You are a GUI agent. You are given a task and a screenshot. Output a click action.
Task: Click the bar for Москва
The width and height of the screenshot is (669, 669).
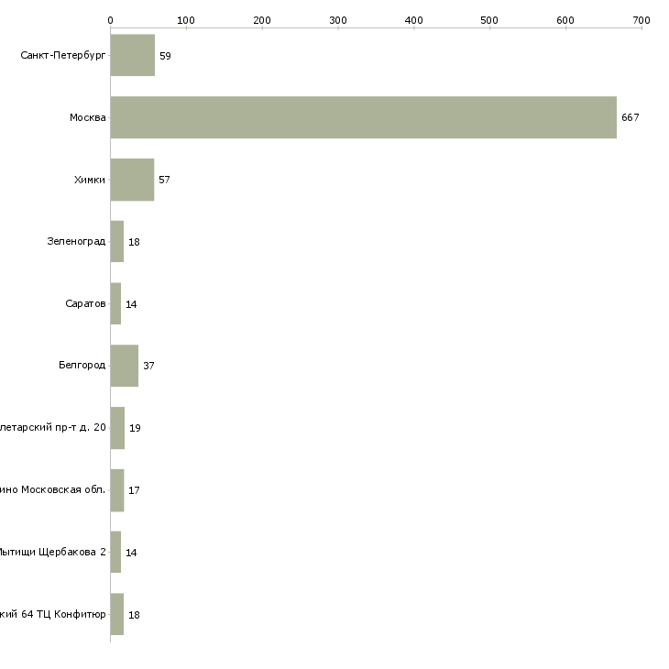pos(363,117)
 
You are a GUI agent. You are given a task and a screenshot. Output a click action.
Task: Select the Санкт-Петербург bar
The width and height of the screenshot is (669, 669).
pos(133,55)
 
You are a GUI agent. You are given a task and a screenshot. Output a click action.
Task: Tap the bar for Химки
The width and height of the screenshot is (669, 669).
pos(132,180)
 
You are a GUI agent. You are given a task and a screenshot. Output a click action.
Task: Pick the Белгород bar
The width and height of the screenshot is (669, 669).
pos(125,366)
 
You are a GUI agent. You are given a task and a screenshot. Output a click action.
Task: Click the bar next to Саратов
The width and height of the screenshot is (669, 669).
pos(115,303)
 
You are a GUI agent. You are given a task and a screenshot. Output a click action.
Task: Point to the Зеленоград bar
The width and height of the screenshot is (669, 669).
pos(117,242)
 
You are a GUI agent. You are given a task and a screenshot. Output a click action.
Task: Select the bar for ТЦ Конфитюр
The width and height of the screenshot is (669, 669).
pos(117,614)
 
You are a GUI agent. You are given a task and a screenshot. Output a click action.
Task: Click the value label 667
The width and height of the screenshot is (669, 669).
pos(630,118)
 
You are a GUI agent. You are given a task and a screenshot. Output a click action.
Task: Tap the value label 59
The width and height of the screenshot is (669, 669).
pos(165,56)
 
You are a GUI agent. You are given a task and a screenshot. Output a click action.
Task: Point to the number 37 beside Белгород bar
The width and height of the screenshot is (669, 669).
pos(148,367)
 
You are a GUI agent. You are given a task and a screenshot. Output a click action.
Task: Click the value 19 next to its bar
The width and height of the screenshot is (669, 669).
pos(135,428)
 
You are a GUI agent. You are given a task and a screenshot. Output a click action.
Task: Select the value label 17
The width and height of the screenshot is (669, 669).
pos(134,490)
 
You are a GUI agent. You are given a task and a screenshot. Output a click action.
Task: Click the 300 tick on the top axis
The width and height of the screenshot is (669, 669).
pos(338,19)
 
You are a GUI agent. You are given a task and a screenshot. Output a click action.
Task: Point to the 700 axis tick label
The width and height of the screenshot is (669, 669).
pos(641,19)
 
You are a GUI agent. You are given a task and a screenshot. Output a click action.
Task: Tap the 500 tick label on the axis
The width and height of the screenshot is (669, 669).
pos(490,19)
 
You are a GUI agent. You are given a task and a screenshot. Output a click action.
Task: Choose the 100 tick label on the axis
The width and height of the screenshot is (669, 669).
pos(186,19)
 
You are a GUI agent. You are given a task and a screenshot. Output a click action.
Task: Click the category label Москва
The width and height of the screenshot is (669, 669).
pos(88,118)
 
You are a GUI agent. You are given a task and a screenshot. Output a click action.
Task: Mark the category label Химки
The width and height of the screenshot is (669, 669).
pos(90,180)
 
